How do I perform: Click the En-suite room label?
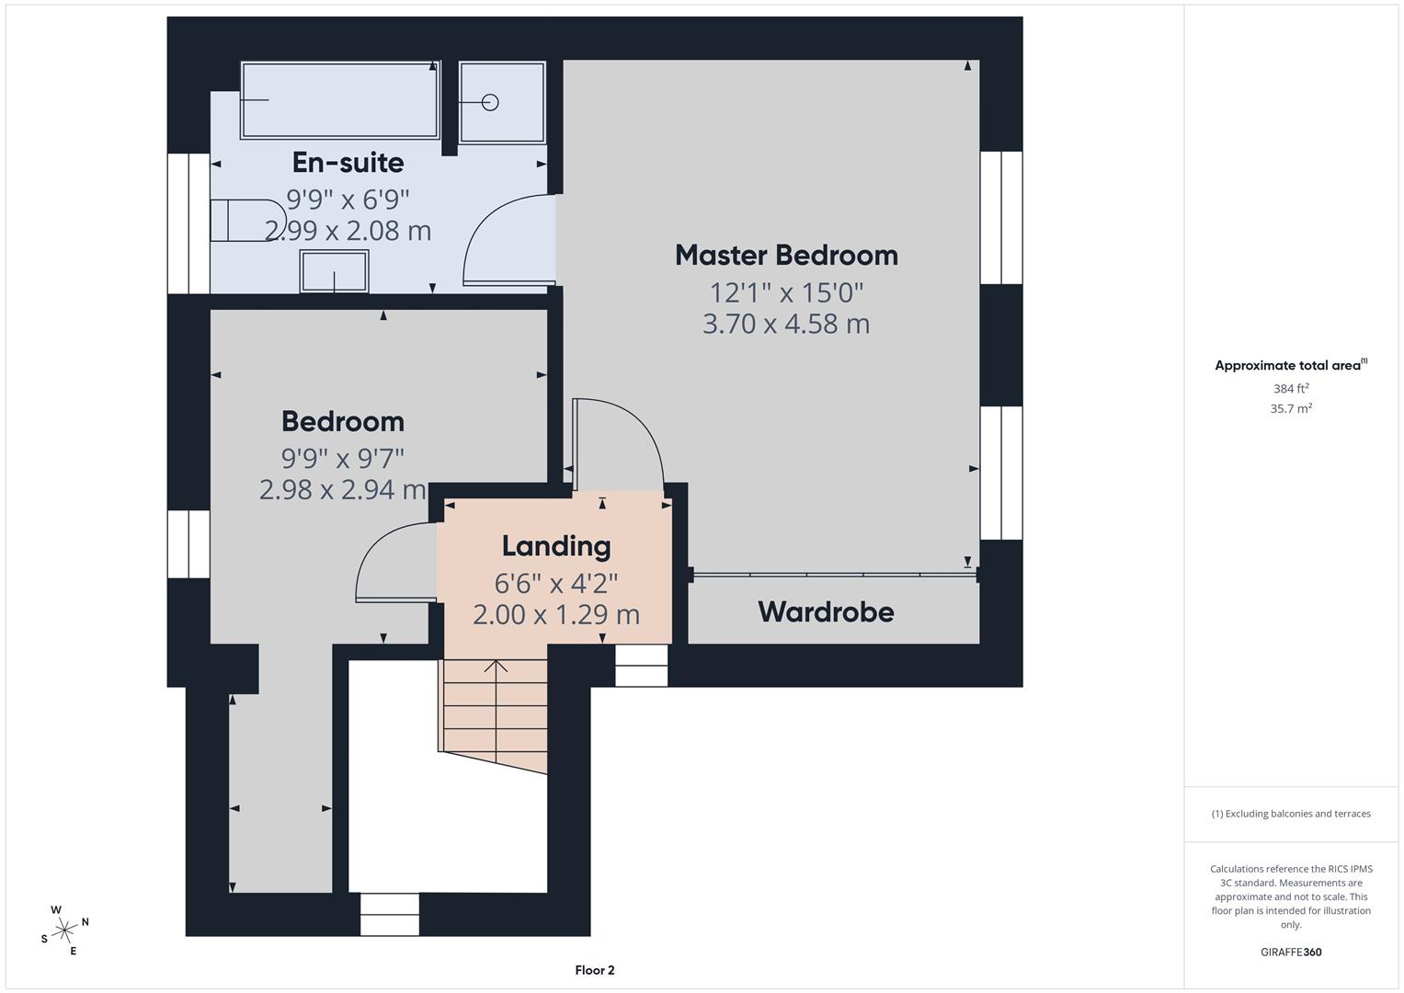coord(348,163)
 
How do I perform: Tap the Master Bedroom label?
coord(786,256)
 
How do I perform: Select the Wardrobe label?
coord(826,612)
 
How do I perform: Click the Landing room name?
coord(556,546)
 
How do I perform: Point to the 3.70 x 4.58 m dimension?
coord(786,324)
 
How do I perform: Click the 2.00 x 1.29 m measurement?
coord(556,614)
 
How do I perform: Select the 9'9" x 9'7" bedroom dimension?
coord(342,457)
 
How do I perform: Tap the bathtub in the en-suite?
coord(339,100)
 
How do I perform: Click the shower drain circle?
coord(490,102)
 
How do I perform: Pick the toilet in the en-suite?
coord(240,220)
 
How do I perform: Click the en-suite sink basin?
coord(334,271)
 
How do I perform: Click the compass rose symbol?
coord(64,930)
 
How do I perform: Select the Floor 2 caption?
coord(594,970)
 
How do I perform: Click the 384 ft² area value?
coord(1291,389)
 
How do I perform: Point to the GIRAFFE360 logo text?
coord(1291,952)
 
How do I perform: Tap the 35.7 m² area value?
coord(1291,409)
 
